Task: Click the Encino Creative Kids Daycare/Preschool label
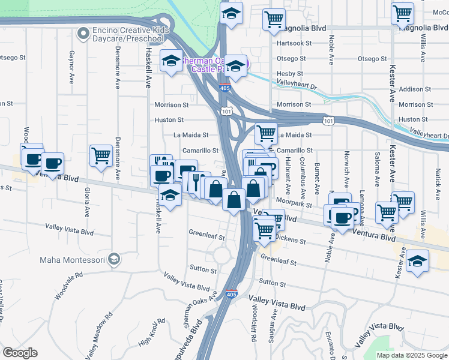[128, 34]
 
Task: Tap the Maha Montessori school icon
[113, 260]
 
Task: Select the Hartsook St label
[294, 43]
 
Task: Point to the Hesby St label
[289, 74]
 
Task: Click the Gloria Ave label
[87, 202]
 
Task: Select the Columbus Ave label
[303, 173]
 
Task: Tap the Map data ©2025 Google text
[411, 355]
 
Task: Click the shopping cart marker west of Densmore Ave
[101, 156]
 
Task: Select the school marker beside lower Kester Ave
[417, 261]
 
